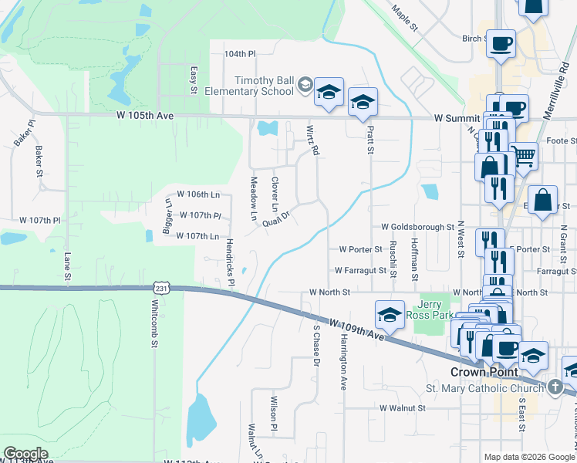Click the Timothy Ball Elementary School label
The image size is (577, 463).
click(x=265, y=85)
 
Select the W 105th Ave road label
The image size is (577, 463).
click(x=146, y=115)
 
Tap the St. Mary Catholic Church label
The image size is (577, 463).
click(x=484, y=388)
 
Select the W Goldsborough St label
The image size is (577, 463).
click(x=417, y=228)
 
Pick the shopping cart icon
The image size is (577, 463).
click(x=524, y=155)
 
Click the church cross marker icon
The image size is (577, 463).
click(x=555, y=387)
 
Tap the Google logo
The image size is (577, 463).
click(x=25, y=454)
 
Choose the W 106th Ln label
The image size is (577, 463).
click(x=198, y=194)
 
